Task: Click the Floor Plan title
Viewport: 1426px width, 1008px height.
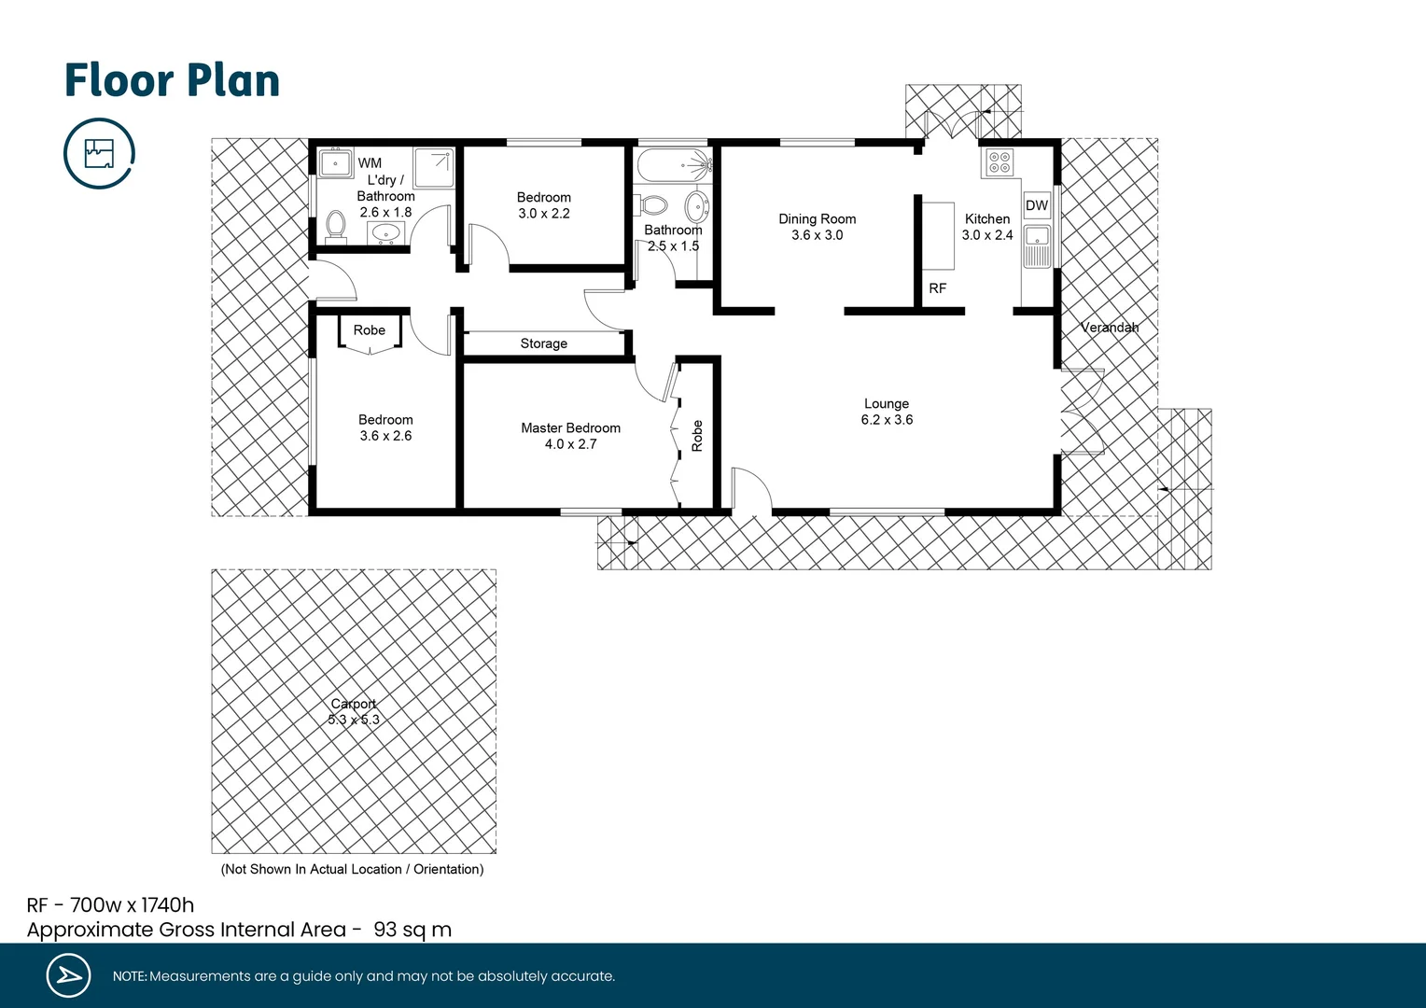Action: [172, 80]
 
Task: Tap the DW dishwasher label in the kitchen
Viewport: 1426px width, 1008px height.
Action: [1037, 205]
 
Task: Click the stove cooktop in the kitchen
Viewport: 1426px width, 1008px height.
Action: [999, 162]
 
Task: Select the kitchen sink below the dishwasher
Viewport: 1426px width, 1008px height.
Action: [1037, 245]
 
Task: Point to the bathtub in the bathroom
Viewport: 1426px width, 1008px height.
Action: [673, 166]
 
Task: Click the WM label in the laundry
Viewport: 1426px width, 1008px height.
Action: [370, 162]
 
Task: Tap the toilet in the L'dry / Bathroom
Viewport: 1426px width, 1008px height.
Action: [336, 225]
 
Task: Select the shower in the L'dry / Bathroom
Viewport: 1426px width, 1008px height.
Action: [434, 167]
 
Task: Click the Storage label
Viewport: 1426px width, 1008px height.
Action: [544, 343]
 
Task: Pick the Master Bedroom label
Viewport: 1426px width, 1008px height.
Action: [570, 427]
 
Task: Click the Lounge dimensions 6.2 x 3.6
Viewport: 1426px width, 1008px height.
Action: [887, 420]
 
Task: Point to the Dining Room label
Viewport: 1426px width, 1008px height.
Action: [817, 218]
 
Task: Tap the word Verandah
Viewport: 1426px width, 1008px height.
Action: [1110, 328]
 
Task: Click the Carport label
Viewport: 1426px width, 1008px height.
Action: [354, 704]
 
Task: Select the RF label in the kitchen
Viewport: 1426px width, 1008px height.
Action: [938, 288]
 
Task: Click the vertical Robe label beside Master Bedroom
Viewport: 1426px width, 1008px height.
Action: [697, 436]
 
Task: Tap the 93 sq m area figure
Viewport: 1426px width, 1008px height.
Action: [412, 930]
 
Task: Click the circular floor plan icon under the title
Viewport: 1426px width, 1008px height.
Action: [99, 153]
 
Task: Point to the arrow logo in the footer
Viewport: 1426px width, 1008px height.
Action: [68, 975]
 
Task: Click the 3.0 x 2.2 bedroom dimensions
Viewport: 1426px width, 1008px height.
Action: [544, 214]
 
